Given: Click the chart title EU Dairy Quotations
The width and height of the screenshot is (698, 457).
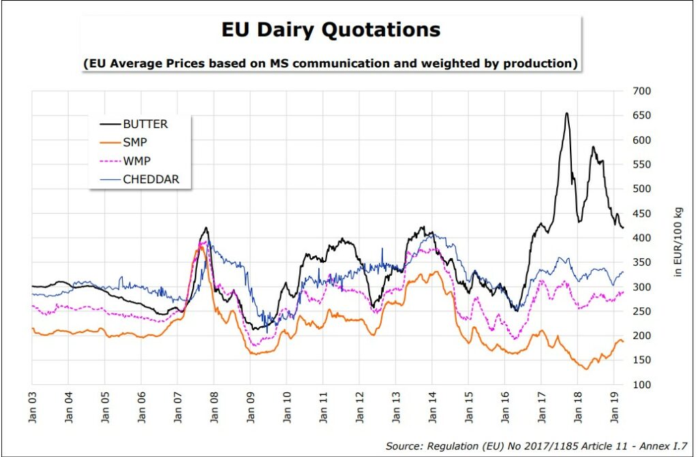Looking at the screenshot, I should (x=331, y=30).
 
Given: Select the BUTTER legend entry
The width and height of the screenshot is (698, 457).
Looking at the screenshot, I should (x=145, y=124).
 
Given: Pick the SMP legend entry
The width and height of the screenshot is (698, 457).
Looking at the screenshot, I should (x=136, y=143).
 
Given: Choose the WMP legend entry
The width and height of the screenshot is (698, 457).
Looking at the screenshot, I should (x=137, y=161).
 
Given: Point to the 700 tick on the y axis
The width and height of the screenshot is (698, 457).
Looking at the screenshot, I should (x=643, y=91).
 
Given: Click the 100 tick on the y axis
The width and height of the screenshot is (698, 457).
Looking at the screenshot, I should (x=643, y=385).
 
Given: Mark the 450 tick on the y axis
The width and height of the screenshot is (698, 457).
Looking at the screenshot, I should (x=643, y=214).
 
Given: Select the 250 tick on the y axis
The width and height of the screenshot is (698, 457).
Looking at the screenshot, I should (x=643, y=311).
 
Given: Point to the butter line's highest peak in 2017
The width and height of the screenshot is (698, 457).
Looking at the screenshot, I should (x=566, y=113).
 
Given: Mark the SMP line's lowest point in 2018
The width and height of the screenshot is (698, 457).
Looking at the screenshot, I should (x=586, y=369).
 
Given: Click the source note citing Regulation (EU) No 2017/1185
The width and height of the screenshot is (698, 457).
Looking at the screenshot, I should (x=537, y=446).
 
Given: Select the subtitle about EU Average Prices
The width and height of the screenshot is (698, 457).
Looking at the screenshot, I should (x=331, y=63).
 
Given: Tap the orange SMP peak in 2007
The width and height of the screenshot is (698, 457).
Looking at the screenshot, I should (x=200, y=247).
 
